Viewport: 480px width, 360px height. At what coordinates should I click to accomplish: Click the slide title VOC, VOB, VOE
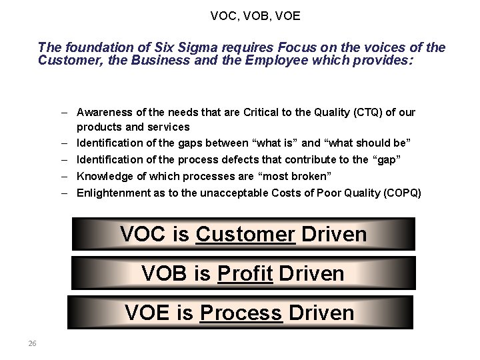(x=255, y=15)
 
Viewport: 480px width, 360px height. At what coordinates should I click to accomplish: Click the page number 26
(x=32, y=343)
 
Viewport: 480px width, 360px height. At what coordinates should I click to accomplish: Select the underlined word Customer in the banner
(x=245, y=235)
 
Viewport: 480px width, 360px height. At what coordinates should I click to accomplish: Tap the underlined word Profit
(x=245, y=273)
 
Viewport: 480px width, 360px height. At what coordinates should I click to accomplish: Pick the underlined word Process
(x=241, y=313)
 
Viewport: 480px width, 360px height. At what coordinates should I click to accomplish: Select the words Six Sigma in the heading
(x=184, y=47)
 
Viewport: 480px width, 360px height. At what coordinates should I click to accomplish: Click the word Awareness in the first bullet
(x=104, y=112)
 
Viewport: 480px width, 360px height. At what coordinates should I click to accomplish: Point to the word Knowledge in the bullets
(x=103, y=176)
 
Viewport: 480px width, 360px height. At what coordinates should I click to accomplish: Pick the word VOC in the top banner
(x=143, y=235)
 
